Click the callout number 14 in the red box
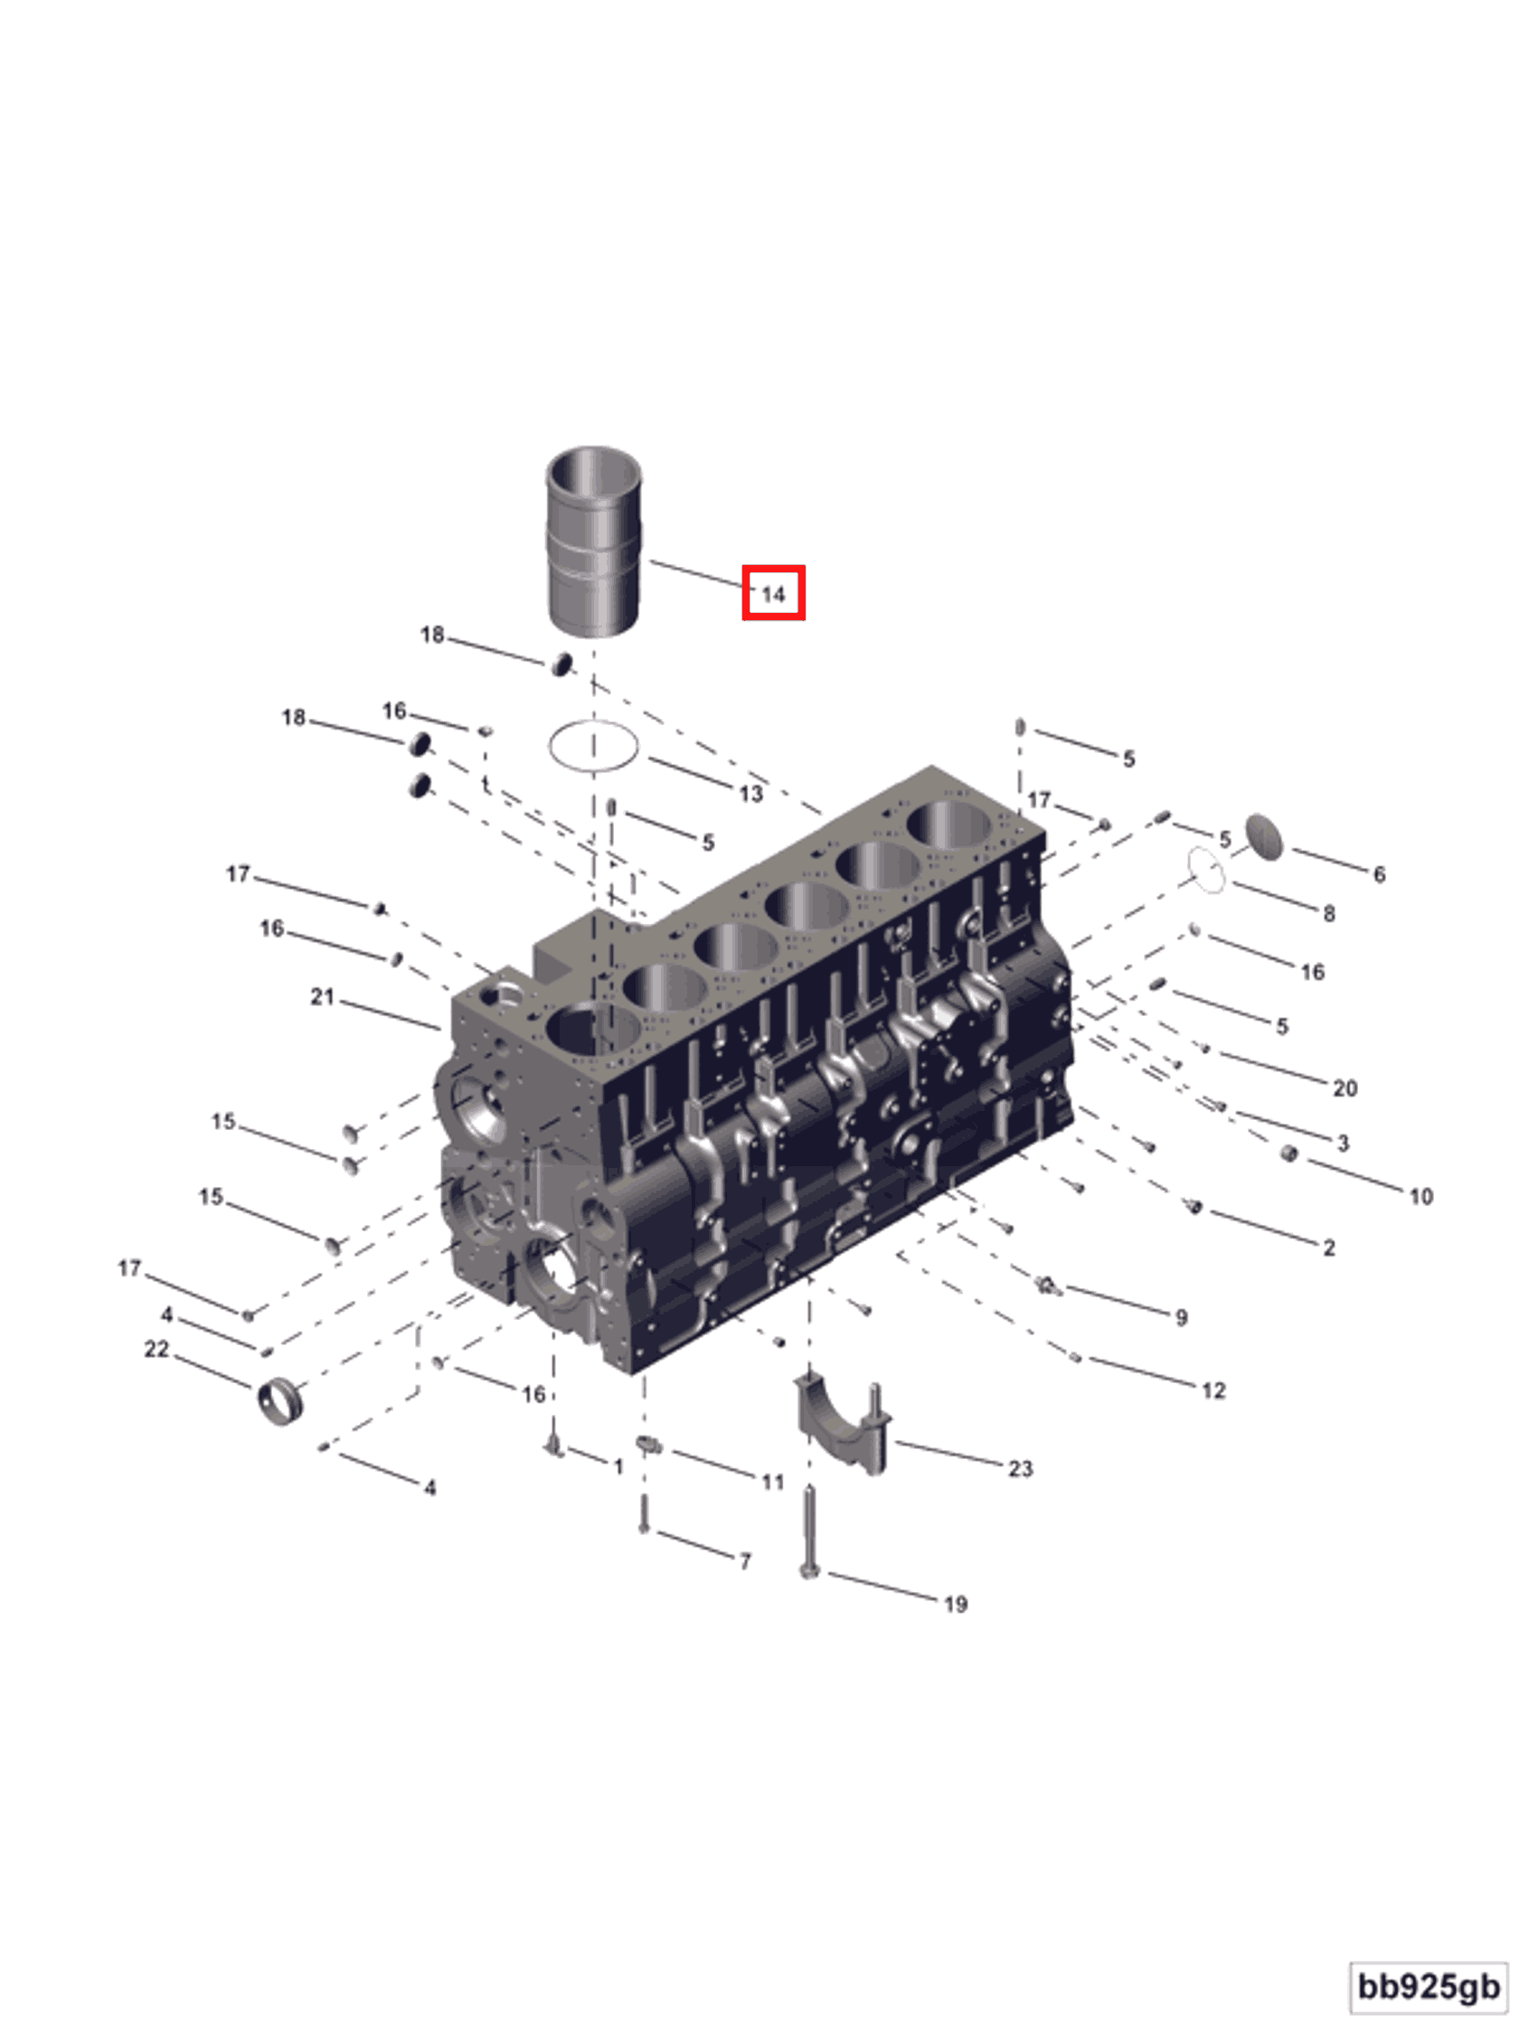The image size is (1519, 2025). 773,594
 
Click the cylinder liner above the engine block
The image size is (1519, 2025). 593,540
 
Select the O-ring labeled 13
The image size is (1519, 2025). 593,746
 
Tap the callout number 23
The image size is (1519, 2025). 1020,1468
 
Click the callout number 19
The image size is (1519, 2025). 955,1604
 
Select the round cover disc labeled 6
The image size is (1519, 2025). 1264,836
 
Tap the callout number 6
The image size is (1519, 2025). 1379,874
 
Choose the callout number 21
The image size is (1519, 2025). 322,996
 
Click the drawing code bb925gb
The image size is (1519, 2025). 1429,1986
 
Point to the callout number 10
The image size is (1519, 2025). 1420,1196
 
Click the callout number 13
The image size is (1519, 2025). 750,794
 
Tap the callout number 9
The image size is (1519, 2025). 1181,1316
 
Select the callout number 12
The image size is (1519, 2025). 1213,1390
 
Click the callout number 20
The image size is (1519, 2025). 1344,1088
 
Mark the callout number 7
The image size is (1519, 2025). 745,1561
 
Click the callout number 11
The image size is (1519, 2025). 773,1481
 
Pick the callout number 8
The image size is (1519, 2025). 1328,913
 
